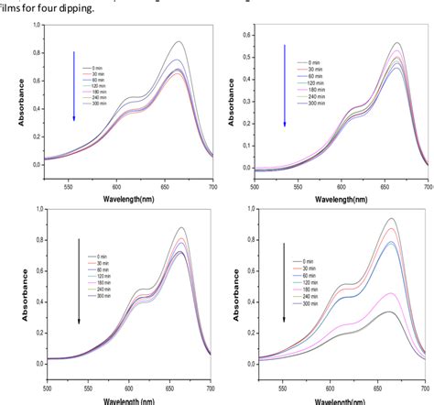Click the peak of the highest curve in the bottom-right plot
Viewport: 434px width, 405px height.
(393, 219)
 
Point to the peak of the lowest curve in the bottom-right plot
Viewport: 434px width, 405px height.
(391, 312)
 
